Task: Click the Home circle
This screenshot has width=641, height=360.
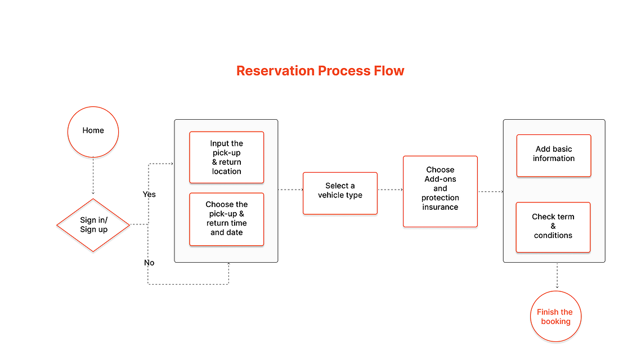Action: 93,132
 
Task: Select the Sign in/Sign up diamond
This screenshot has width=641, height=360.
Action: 93,225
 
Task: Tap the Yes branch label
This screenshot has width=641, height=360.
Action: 149,194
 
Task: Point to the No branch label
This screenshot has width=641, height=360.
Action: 149,263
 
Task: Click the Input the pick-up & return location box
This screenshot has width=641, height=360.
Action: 226,157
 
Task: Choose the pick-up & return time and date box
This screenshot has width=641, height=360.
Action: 226,219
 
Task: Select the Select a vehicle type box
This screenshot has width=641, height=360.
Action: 340,193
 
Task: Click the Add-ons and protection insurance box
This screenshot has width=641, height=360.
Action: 440,191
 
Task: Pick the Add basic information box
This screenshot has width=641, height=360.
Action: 554,156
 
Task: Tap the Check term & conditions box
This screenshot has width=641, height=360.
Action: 553,227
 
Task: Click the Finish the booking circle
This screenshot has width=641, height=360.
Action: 556,316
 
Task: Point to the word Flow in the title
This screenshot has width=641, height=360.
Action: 389,71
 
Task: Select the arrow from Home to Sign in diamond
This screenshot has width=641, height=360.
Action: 93,175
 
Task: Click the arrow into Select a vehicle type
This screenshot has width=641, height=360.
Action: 290,190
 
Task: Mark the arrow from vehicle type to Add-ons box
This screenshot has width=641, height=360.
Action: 391,190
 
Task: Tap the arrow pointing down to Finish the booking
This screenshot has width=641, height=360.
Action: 557,276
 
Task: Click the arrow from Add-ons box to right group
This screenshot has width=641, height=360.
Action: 491,192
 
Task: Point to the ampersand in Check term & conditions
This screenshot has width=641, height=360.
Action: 553,226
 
